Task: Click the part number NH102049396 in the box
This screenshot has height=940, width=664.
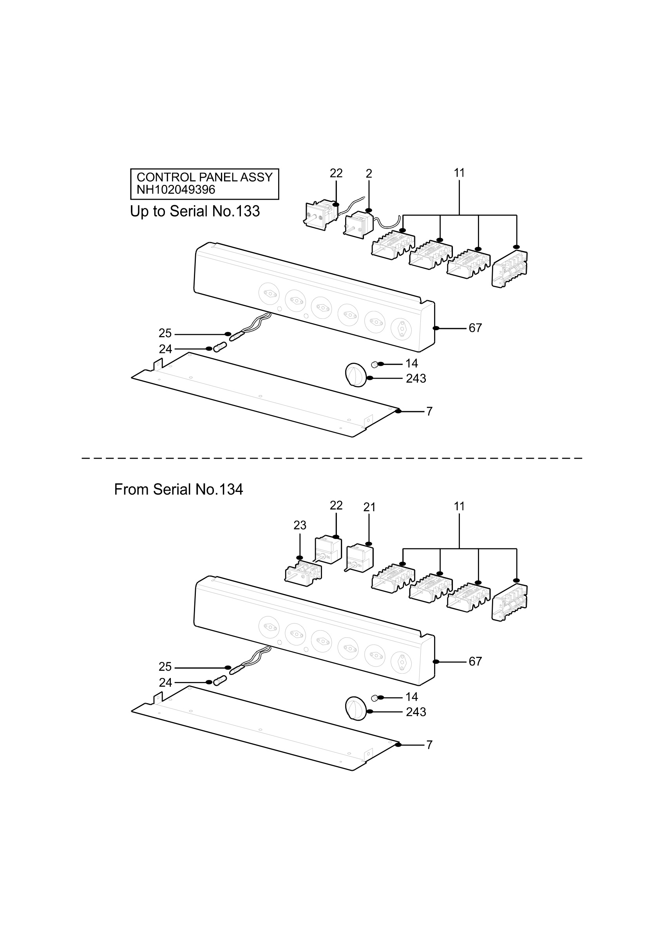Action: tap(175, 190)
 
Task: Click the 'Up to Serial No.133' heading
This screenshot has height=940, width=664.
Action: tap(195, 211)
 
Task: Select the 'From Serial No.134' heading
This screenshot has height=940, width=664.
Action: tap(179, 489)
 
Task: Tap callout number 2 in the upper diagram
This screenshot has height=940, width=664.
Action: tap(369, 174)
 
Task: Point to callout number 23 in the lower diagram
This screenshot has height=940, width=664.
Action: tap(300, 525)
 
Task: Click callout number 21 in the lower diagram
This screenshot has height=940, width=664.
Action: tap(369, 507)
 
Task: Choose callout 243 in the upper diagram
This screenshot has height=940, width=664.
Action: tap(416, 379)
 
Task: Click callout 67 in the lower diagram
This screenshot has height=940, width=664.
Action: tap(475, 662)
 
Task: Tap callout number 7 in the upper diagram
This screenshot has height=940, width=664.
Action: tap(429, 412)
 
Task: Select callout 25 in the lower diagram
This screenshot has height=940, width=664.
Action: tap(165, 667)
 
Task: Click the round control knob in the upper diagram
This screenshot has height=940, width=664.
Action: tap(356, 374)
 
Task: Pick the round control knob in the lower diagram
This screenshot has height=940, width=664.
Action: tap(356, 708)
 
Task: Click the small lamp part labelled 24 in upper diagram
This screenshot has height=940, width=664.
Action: tap(220, 347)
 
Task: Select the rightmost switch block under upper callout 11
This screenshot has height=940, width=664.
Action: tap(510, 268)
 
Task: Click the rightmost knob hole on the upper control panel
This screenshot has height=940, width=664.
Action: tap(402, 329)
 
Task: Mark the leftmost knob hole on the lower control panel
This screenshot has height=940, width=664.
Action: tap(269, 627)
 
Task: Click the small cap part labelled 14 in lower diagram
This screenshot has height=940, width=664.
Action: tap(374, 698)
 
